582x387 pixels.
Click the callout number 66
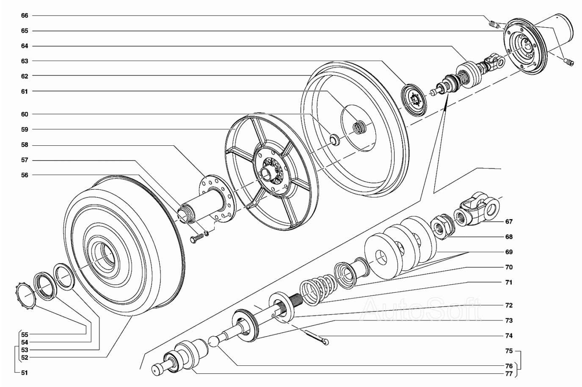point(25,16)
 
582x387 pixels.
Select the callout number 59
point(25,129)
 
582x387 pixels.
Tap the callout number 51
point(25,373)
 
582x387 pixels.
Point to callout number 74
point(509,336)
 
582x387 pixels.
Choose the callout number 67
point(509,222)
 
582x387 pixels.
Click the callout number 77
point(509,374)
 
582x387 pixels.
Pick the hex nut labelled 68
point(442,226)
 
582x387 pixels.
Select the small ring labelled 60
point(335,140)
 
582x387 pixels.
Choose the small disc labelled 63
point(414,100)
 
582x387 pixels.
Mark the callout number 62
point(25,76)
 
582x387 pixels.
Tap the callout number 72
point(509,305)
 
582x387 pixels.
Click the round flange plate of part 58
point(218,198)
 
